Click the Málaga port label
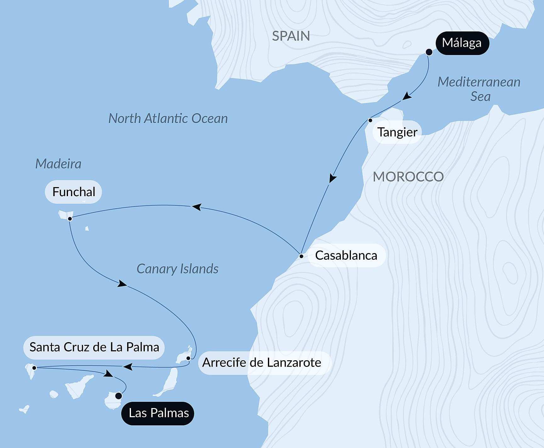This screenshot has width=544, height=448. pyautogui.click(x=462, y=43)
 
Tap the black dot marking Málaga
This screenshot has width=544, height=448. pyautogui.click(x=429, y=52)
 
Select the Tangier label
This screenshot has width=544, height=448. pyautogui.click(x=397, y=132)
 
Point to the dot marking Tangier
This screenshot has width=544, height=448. pyautogui.click(x=370, y=120)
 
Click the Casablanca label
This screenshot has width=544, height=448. pyautogui.click(x=346, y=255)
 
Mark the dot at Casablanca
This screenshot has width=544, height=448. pyautogui.click(x=301, y=256)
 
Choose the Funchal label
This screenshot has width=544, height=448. pyautogui.click(x=74, y=192)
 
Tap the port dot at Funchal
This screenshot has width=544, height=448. pyautogui.click(x=70, y=218)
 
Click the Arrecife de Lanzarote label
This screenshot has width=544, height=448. pyautogui.click(x=262, y=362)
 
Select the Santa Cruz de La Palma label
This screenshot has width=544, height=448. pyautogui.click(x=94, y=347)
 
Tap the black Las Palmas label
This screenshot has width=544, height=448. pyautogui.click(x=159, y=413)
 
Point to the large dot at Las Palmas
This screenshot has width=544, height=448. pyautogui.click(x=119, y=396)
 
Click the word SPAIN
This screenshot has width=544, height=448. pyautogui.click(x=291, y=36)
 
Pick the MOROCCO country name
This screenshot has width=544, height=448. pyautogui.click(x=408, y=177)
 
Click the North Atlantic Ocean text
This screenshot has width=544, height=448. pyautogui.click(x=168, y=119)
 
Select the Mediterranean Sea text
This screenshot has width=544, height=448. pyautogui.click(x=479, y=89)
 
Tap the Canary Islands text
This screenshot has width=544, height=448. pyautogui.click(x=177, y=269)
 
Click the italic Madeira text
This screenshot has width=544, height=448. pyautogui.click(x=58, y=164)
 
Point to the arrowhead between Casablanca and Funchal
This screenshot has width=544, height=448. pyautogui.click(x=196, y=207)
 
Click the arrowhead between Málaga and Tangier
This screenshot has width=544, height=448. pyautogui.click(x=407, y=96)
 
